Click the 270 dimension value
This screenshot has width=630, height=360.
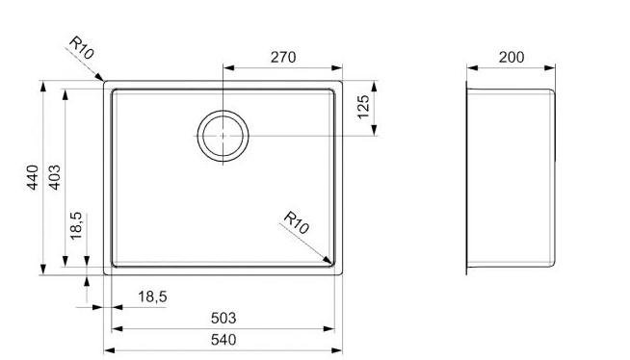(283, 58)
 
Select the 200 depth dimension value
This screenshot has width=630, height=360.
(512, 58)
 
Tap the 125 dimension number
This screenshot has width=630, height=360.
(363, 107)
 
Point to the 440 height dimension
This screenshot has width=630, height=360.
(33, 177)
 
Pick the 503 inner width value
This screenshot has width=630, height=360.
(223, 319)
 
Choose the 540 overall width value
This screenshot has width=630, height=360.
(223, 340)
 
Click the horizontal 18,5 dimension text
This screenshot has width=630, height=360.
(152, 297)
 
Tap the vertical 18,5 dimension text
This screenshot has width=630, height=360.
(76, 226)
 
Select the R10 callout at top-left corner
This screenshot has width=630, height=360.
(82, 47)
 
